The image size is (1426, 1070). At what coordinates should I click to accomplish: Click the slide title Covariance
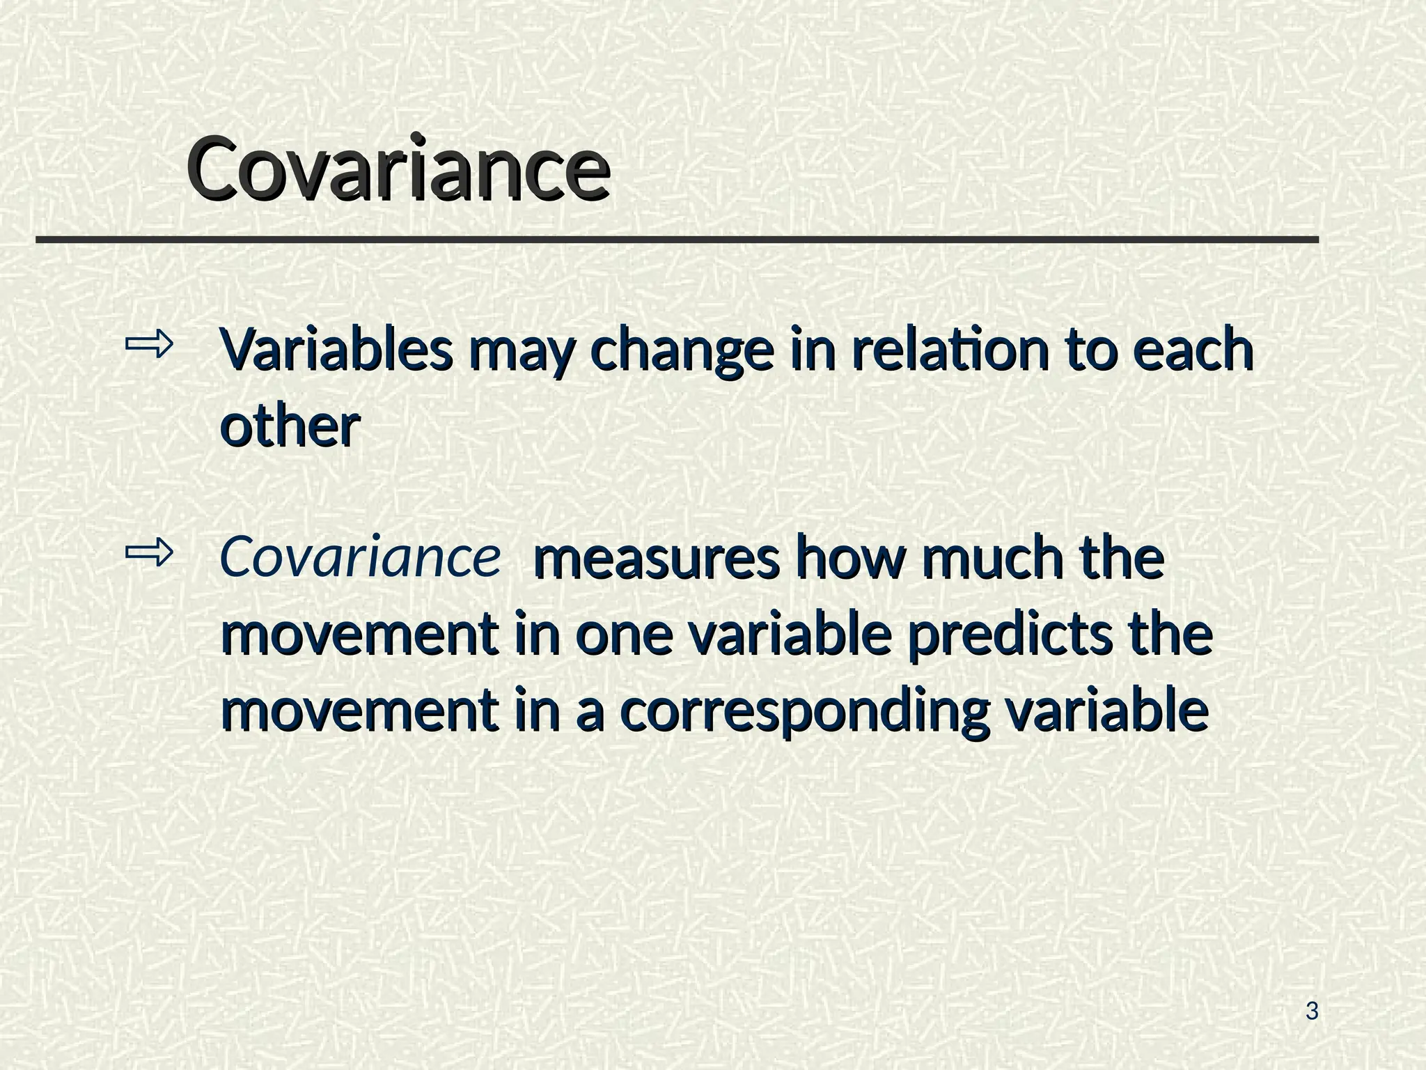point(398,169)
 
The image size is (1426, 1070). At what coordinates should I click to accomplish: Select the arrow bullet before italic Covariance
point(148,553)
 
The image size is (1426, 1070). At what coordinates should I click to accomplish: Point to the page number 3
point(1312,1011)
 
